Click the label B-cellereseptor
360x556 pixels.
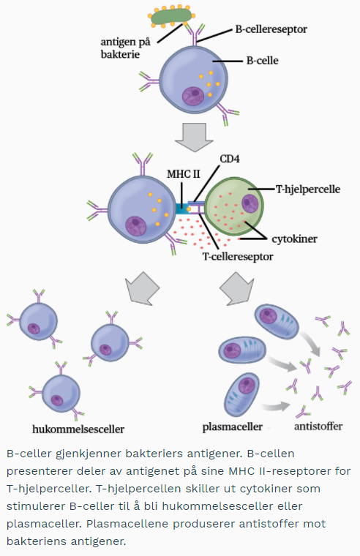click(271, 29)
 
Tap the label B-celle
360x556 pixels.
click(263, 61)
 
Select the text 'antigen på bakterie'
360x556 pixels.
click(126, 48)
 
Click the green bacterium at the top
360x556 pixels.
click(171, 16)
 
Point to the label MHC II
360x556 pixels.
click(184, 174)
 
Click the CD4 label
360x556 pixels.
click(230, 159)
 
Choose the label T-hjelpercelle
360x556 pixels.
click(308, 189)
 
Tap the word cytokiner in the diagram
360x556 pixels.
click(294, 239)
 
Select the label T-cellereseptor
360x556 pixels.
click(238, 256)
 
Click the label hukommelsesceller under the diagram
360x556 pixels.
click(78, 429)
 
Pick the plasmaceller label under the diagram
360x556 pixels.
click(232, 427)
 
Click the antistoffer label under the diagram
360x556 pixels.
click(318, 426)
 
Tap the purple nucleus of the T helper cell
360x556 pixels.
click(250, 203)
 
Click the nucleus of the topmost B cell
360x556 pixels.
click(194, 95)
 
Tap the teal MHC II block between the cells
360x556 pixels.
click(182, 209)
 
